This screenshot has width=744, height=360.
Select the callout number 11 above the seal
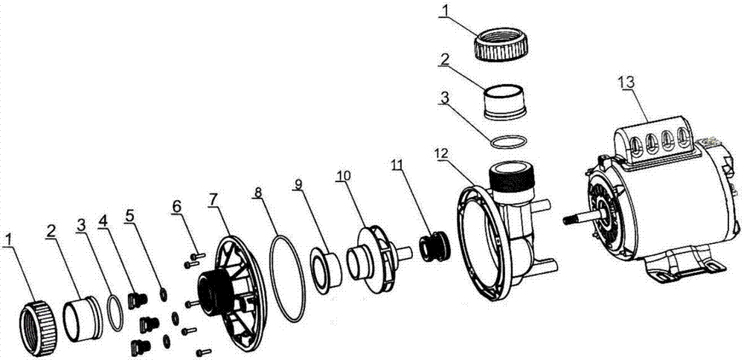(x=397, y=164)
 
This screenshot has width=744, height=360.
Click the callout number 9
(x=298, y=184)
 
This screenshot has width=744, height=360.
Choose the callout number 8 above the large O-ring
(x=257, y=193)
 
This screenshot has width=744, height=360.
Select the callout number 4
(x=103, y=222)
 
